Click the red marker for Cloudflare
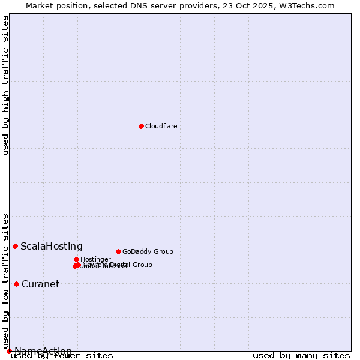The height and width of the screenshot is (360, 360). [x=141, y=126]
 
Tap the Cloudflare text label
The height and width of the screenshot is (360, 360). [x=161, y=126]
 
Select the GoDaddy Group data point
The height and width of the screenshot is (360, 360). [x=118, y=251]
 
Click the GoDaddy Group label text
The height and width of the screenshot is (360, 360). [x=148, y=251]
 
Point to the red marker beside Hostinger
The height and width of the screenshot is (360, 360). [x=76, y=259]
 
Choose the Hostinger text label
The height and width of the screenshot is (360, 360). [x=95, y=259]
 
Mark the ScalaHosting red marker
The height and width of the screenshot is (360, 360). [x=15, y=246]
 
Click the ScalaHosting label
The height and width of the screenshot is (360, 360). [x=52, y=246]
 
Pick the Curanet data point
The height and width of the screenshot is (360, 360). [x=16, y=284]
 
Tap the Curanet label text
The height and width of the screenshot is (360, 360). [x=41, y=284]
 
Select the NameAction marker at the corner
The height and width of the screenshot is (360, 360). [x=9, y=351]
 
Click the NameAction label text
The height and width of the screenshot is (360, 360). [x=43, y=351]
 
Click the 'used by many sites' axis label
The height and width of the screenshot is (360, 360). [x=301, y=355]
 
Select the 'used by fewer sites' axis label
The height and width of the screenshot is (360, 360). [x=62, y=355]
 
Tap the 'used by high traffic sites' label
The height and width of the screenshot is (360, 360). [x=5, y=85]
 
